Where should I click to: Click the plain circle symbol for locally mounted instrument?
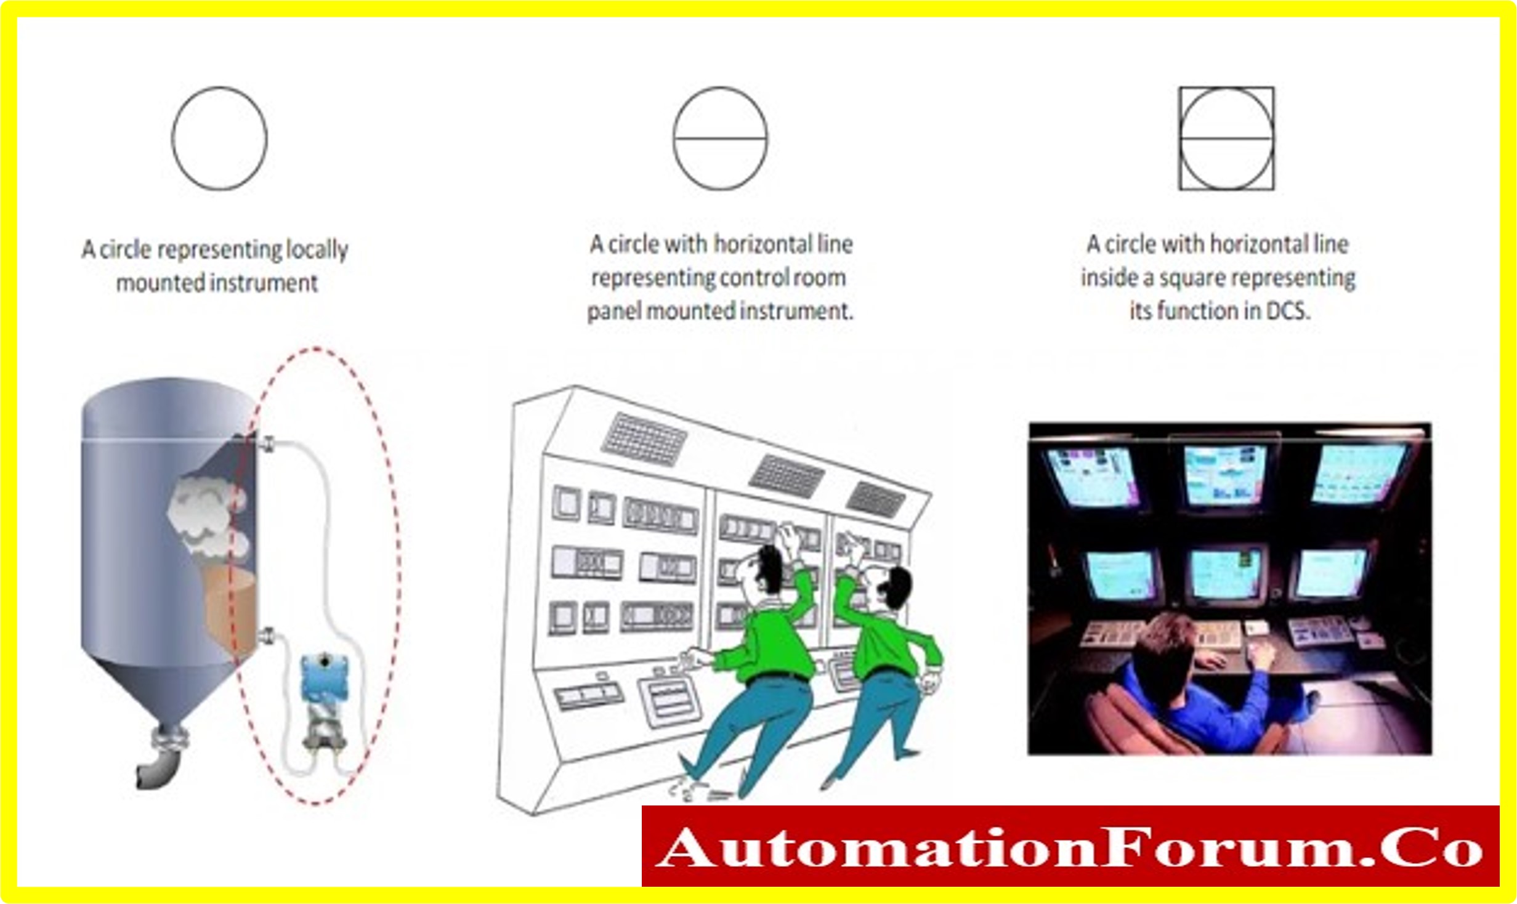(x=172, y=138)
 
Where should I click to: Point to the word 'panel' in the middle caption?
(x=613, y=311)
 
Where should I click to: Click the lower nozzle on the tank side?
(x=267, y=636)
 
